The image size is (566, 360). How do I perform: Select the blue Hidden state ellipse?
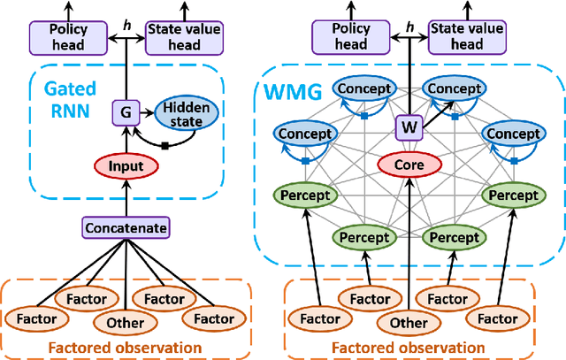pos(183,113)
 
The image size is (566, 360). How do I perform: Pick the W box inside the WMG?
pos(408,126)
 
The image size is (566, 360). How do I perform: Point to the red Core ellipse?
pos(408,165)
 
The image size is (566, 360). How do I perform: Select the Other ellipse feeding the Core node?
pos(408,324)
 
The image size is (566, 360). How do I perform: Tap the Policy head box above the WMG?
pos(349,37)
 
